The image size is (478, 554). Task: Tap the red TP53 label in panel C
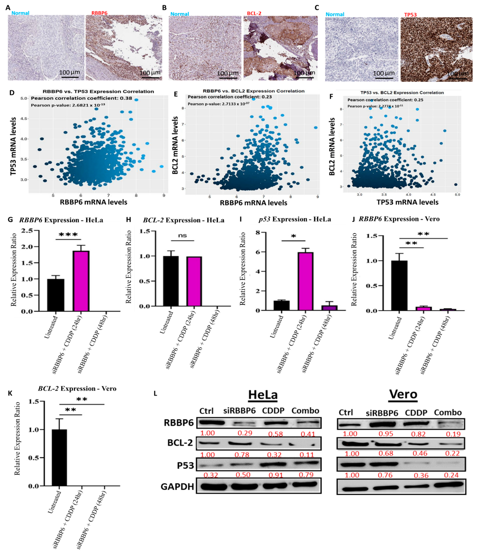[410, 15]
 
